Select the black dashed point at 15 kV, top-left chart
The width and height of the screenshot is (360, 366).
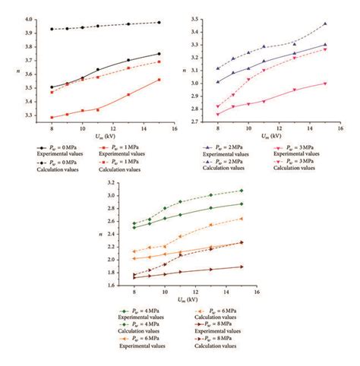tap(159, 22)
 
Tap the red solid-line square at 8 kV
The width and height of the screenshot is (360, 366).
tap(52, 118)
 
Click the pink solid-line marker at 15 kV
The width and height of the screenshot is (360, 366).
tap(325, 84)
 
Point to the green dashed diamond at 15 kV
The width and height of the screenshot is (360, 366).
tap(242, 191)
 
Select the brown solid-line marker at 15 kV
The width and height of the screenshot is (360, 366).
tap(242, 267)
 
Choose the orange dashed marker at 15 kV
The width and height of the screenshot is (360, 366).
tap(242, 219)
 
